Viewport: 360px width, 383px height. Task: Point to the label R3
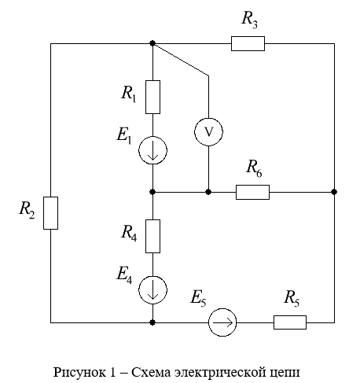pos(250,20)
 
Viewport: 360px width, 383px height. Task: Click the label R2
pos(27,210)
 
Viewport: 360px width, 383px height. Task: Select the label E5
pos(198,299)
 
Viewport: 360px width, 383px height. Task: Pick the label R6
pos(254,169)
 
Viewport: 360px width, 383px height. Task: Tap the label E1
pos(124,136)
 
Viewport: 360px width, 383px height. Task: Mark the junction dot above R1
pos(152,43)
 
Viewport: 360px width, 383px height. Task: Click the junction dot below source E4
pos(152,322)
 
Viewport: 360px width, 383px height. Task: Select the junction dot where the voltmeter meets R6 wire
pos(208,192)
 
